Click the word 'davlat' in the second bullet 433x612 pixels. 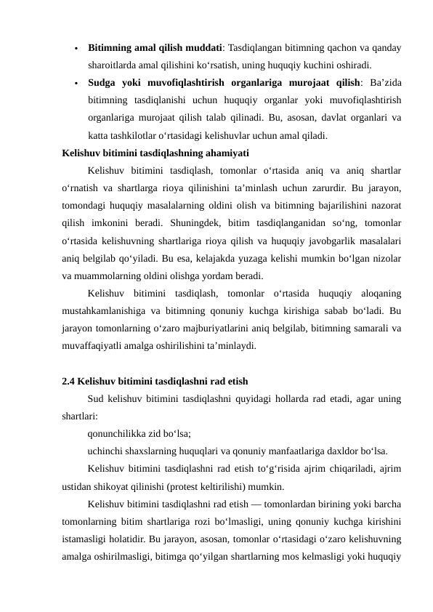(x=318, y=118)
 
